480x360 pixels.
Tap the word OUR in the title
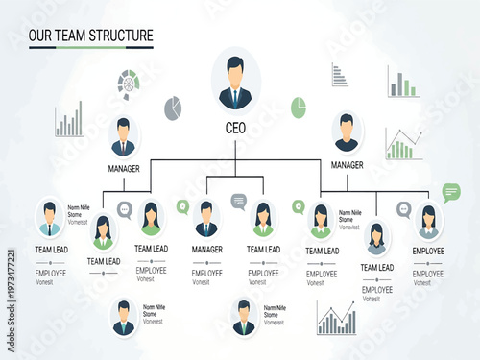click(40, 36)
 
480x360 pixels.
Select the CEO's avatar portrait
click(235, 82)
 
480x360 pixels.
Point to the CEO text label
click(235, 128)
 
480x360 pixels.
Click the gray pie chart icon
click(173, 108)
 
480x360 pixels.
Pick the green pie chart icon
click(299, 107)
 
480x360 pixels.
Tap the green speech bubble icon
click(451, 192)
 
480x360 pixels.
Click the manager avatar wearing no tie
click(347, 132)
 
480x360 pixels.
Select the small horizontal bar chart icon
click(339, 75)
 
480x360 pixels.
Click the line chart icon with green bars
click(403, 145)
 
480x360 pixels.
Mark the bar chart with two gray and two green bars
click(402, 82)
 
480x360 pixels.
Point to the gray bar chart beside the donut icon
click(68, 121)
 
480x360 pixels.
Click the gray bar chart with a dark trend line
click(336, 318)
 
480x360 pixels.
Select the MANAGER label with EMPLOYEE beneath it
click(206, 250)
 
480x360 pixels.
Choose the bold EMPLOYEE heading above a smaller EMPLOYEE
click(428, 251)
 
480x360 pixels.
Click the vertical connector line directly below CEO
click(235, 145)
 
